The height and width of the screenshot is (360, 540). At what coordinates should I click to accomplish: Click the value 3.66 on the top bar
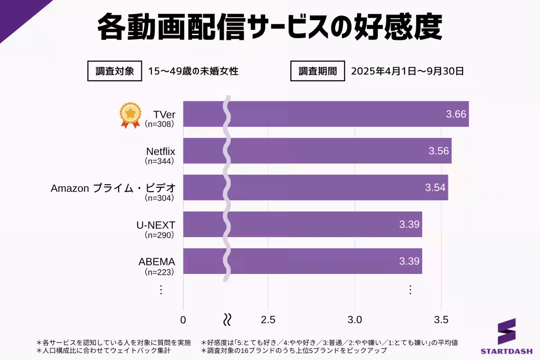pos(456,114)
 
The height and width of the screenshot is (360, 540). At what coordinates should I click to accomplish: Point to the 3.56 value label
pos(439,151)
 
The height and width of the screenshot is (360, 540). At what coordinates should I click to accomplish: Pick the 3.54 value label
pos(435,187)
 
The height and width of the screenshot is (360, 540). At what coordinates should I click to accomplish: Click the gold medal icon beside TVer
pos(130,115)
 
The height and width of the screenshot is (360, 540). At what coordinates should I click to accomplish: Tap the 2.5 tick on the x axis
pos(268,320)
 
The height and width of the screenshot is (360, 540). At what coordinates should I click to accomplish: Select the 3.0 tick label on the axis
pos(355,320)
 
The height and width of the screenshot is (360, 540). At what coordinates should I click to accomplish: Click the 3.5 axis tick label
pos(441,320)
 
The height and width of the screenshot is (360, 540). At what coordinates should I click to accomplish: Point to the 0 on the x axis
pos(183,320)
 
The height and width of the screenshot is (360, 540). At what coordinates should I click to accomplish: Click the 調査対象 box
pos(115,71)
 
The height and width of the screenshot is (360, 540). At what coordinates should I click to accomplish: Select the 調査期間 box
pos(318,71)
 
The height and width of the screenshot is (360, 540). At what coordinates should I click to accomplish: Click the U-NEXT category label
pos(156,225)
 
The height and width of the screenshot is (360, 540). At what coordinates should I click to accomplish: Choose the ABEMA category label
pos(157,261)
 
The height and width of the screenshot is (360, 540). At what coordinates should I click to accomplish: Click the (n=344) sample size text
pos(159,161)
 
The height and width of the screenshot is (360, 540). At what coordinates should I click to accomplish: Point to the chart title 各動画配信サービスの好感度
pos(270,28)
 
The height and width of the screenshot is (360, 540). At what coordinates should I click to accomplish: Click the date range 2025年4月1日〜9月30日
pos(407,71)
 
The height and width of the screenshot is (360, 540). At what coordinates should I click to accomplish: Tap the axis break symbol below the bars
pos(228,320)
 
